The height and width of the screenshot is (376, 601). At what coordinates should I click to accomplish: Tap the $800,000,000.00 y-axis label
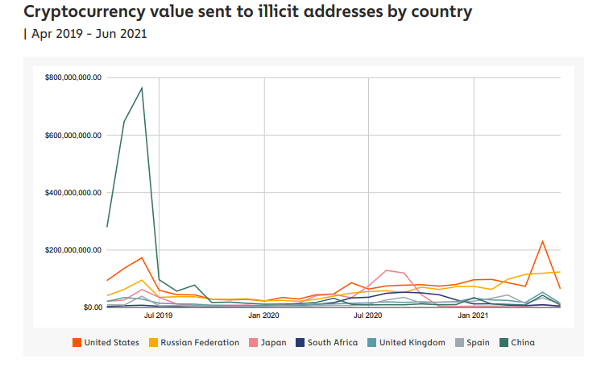(73, 77)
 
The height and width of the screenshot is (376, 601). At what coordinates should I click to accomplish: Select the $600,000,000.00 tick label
(73, 135)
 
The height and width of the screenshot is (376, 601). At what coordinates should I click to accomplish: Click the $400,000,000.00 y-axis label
(73, 193)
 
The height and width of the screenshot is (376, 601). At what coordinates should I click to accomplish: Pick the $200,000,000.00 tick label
(73, 250)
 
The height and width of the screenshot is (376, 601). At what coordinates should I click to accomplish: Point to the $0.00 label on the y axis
(91, 307)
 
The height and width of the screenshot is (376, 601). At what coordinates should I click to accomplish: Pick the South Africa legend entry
(330, 342)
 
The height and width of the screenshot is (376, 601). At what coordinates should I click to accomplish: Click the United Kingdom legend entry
(410, 342)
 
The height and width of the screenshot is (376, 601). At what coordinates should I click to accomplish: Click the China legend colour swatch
(504, 342)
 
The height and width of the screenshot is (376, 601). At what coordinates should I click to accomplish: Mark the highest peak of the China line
(142, 88)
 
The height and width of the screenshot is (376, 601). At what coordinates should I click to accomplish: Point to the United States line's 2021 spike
(543, 241)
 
